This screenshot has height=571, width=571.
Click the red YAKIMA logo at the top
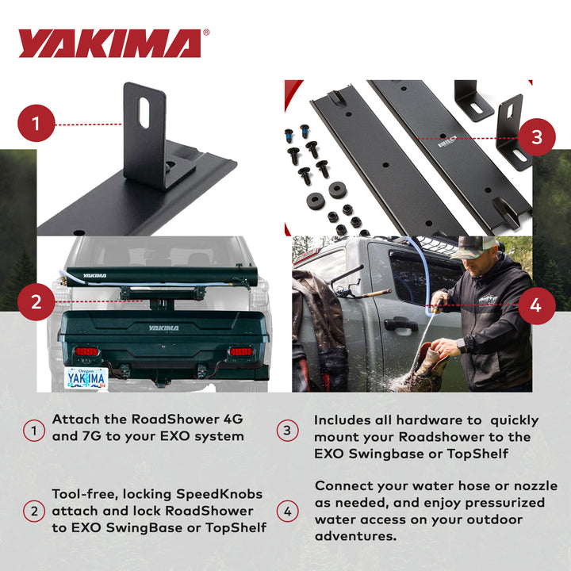[110, 44]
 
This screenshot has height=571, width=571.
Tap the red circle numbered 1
[36, 125]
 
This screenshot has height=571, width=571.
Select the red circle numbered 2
[36, 301]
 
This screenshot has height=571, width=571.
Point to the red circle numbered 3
[536, 137]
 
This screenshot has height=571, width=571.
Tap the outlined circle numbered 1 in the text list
[33, 431]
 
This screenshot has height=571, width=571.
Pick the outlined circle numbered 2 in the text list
[33, 512]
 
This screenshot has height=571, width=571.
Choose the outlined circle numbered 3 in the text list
[287, 431]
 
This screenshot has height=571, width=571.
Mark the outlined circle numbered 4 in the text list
[287, 512]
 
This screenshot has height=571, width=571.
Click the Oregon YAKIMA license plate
[86, 377]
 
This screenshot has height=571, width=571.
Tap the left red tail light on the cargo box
[86, 351]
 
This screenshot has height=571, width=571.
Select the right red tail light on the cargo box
[240, 351]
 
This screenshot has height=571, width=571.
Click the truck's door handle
[400, 324]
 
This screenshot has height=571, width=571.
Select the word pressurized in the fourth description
[504, 503]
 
